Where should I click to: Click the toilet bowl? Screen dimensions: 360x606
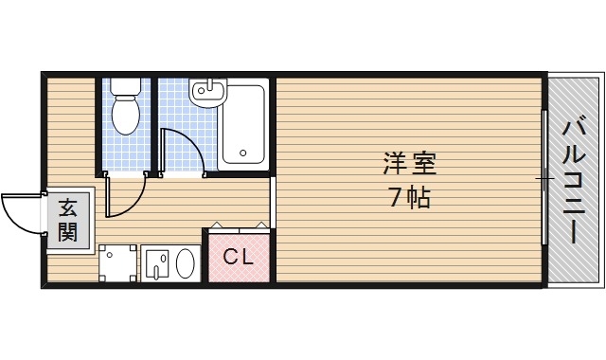(125, 117)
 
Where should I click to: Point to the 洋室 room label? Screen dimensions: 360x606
(409, 164)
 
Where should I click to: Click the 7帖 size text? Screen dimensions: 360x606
(409, 198)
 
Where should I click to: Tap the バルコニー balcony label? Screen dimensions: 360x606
(576, 179)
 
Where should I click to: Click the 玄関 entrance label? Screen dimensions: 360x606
(67, 220)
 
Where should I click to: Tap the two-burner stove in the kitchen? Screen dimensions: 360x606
(117, 261)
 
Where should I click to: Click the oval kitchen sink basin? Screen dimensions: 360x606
(186, 262)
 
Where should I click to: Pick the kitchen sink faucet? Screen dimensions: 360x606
(158, 261)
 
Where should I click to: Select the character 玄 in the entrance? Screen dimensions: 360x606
(67, 208)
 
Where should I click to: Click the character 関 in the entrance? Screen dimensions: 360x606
(67, 231)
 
